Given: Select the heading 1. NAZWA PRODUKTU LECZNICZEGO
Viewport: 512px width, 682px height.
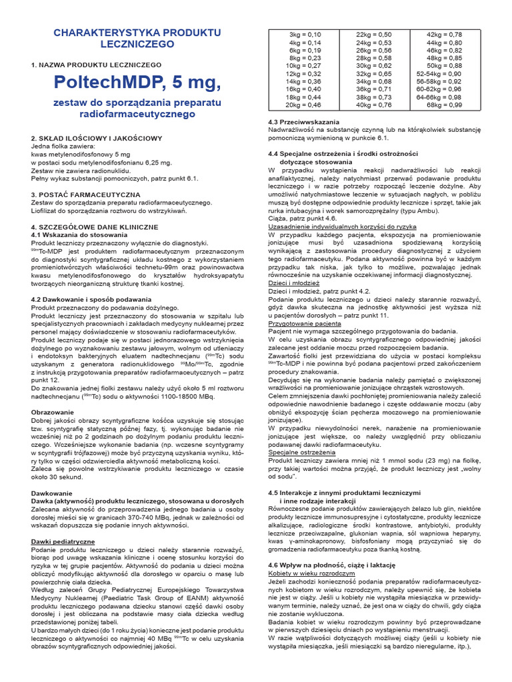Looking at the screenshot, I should point(96,65).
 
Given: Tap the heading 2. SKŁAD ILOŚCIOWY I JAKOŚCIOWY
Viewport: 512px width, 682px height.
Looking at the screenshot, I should point(96,139).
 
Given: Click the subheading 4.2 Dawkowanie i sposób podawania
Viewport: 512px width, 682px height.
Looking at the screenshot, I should point(91,300).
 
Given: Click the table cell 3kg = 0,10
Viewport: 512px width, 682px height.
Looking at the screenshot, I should point(304,34).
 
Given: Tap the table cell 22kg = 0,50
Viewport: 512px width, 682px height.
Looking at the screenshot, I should point(374,34).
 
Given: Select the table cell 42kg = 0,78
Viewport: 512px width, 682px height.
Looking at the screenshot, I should point(444,34).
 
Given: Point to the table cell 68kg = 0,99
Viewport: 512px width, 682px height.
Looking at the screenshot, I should point(444,105).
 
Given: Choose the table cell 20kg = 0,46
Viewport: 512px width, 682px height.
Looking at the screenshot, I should point(303,105).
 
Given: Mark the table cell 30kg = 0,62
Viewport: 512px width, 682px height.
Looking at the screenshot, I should point(374,66).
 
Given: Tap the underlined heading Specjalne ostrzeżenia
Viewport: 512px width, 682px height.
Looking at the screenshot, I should point(303,452).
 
